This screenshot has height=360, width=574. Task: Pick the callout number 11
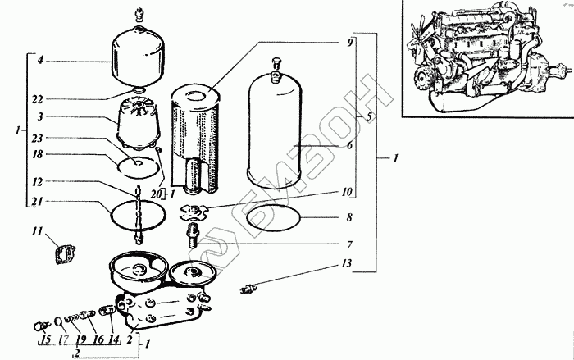[x=37, y=232]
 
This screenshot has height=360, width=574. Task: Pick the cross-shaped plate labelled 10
[x=194, y=212]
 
